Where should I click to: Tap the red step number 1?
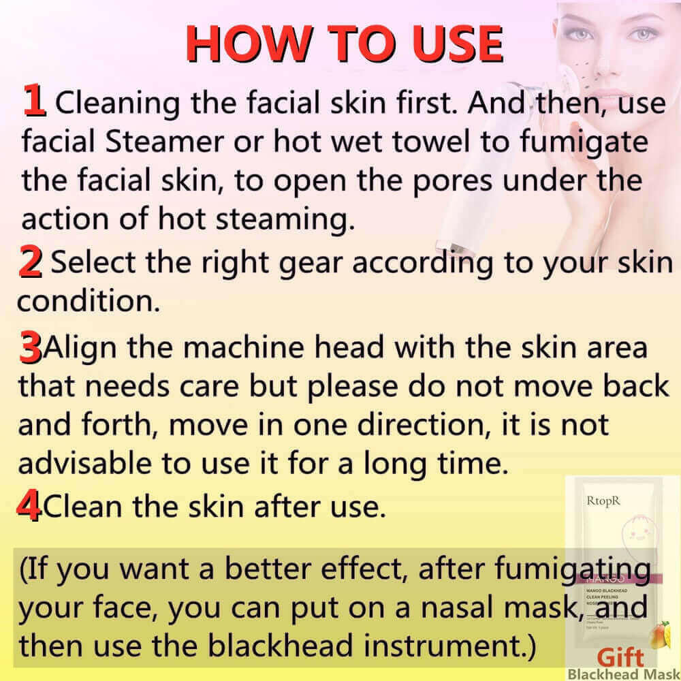coord(34,101)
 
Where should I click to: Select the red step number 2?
coord(30,263)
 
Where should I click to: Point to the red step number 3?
coord(29,349)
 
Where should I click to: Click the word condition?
coord(88,300)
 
